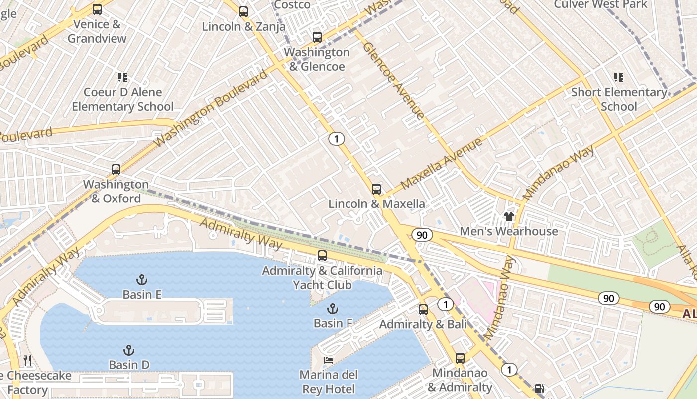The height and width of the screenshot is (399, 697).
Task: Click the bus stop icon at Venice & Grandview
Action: pos(97,9)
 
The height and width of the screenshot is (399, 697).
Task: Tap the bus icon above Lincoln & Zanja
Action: pos(243,11)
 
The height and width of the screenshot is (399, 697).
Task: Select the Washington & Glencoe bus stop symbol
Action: pos(317,37)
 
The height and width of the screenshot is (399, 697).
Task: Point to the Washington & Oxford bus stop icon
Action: pos(116,169)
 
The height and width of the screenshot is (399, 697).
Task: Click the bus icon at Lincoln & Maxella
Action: pos(376,189)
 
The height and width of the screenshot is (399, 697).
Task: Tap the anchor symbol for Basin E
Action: pos(142,279)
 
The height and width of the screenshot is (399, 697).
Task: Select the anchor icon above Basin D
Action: pos(129,350)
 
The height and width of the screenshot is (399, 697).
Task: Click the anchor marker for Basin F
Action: pos(333,308)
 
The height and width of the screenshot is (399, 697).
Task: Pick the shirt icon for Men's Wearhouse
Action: pos(508,216)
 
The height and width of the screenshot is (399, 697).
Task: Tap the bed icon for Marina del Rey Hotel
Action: pos(328,360)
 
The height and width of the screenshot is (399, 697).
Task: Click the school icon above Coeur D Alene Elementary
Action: pos(122,77)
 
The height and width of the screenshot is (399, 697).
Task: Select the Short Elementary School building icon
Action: pos(618,77)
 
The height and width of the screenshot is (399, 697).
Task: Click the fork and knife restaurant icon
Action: pos(27,360)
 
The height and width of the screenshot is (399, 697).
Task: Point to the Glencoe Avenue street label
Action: pos(394,80)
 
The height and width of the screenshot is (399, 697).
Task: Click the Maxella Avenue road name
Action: pos(441,163)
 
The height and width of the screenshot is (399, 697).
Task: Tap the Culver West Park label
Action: pos(600,4)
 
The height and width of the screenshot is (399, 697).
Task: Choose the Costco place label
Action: pos(292,5)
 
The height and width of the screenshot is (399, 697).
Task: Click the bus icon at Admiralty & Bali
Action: pos(423,309)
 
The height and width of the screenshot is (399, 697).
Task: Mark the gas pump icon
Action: pos(539,389)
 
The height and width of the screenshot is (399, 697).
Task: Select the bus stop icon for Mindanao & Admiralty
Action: pos(460,358)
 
